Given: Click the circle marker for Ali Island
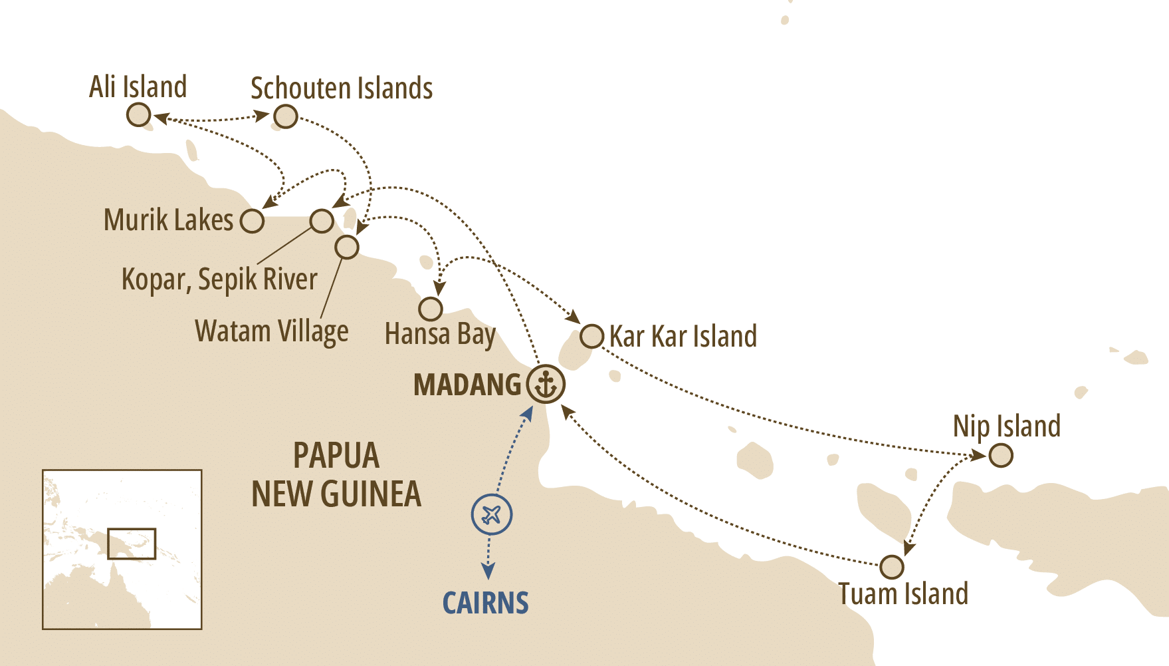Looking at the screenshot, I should point(138,116).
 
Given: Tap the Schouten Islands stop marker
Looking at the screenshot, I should point(286,116).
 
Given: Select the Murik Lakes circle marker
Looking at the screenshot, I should point(252,221).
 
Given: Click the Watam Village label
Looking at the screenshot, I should point(271,331).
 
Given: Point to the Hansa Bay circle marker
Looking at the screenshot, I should point(431,309).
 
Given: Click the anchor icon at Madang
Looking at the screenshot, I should point(546,385).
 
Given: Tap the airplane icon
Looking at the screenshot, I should point(492,514).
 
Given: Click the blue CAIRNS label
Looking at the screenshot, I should point(485,603).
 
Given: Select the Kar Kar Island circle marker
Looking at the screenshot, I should point(591,336).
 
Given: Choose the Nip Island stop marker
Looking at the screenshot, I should point(1001,456).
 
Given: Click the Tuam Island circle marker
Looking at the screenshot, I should point(891,567).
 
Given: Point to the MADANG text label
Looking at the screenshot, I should point(467,385).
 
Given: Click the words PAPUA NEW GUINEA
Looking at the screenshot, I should point(336,475).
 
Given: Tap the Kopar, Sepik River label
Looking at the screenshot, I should point(219,279).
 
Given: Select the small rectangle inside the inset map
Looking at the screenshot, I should point(132,544).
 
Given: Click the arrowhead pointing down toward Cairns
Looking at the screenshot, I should point(488,572).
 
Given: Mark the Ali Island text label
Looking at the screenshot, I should point(138,87).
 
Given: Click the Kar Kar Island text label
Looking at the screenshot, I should point(683,337).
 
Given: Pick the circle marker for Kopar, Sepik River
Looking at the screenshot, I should point(322,221).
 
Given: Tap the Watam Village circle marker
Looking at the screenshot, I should point(346,247).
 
